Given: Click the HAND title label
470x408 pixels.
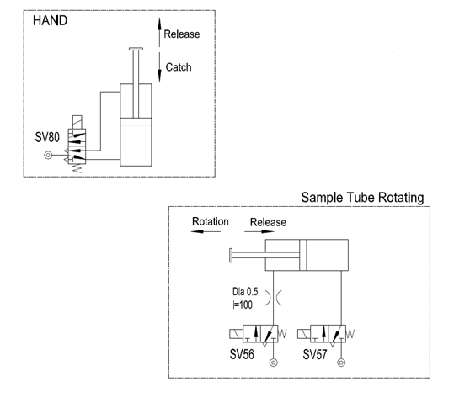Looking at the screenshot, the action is coord(50,21).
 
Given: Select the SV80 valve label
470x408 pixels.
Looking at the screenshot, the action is coord(47,137).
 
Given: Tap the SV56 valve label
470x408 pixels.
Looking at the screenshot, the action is coord(242,354).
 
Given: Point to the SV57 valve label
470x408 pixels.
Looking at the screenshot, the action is coord(315,354).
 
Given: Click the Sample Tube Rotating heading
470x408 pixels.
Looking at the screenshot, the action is coord(362,198).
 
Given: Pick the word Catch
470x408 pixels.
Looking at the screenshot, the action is coord(179,67).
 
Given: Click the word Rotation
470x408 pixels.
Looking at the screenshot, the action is coord(210,221).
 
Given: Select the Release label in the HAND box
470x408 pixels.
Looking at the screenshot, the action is coord(182,34).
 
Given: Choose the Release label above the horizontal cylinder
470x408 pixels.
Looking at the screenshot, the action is coord(268,222).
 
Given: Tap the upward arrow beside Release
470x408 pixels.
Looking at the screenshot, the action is coord(159,32).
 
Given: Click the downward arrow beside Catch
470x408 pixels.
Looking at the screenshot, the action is coord(159,67).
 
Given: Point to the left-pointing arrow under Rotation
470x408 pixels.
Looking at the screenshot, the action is coord(206,231).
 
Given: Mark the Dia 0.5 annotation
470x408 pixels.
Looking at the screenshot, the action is coord(245,291).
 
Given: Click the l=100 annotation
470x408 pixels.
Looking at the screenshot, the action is coord(243,305).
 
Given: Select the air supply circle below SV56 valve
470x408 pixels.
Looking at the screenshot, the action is coord(273,363).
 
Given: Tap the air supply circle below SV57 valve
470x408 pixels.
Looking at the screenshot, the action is coord(341,363).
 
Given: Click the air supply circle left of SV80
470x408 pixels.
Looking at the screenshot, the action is coord(48,156).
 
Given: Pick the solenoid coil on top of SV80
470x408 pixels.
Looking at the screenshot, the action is coord(77,122).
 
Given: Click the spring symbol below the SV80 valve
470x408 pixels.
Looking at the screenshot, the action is coord(77,168).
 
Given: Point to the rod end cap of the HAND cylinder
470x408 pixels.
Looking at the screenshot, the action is coord(136,49).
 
